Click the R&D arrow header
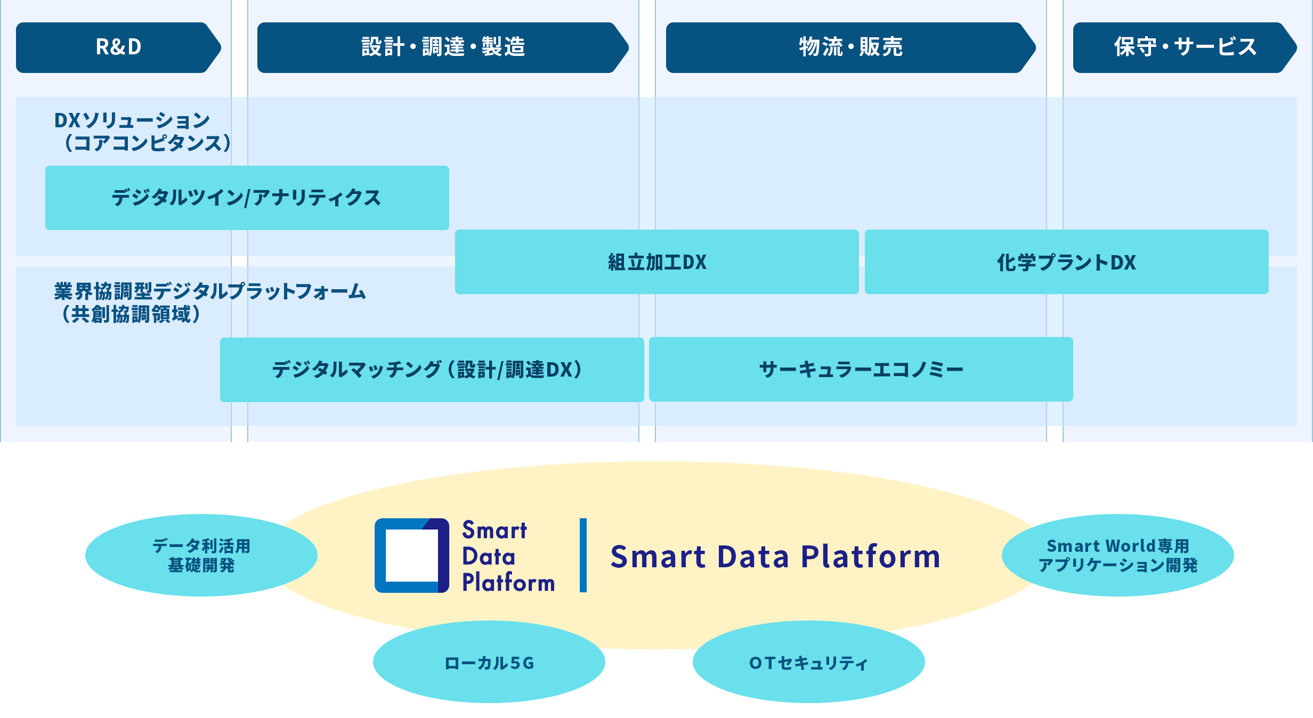click(x=118, y=47)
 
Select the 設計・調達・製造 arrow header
click(x=443, y=47)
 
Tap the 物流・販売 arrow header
click(x=850, y=47)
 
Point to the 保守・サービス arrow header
click(x=1185, y=47)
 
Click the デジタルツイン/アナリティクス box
click(x=247, y=198)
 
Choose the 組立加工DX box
click(x=657, y=262)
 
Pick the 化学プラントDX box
click(x=1067, y=262)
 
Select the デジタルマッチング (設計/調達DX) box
click(x=432, y=370)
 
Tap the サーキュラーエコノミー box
click(x=861, y=369)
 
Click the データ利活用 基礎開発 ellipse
click(x=201, y=555)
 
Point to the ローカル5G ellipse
click(x=489, y=662)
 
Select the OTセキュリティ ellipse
click(x=809, y=662)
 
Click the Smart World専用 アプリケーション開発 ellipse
click(x=1118, y=555)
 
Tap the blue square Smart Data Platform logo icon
click(x=412, y=556)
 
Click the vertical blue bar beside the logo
click(x=583, y=555)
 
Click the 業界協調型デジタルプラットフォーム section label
click(x=210, y=291)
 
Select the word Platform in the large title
click(x=871, y=557)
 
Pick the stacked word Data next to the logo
click(x=489, y=557)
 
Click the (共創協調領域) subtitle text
click(x=131, y=314)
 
